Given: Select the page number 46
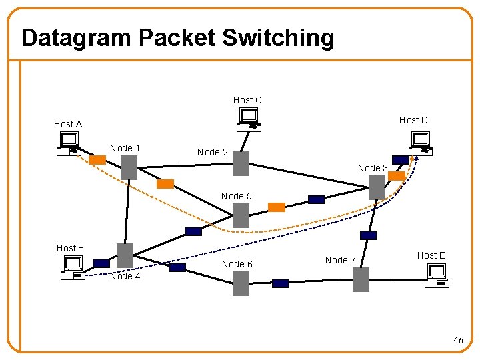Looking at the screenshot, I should tap(458, 341).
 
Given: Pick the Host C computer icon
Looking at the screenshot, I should tap(249, 119).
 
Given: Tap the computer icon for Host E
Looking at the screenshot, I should tap(437, 275).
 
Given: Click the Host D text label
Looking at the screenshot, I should tap(413, 120).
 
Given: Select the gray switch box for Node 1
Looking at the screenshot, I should tap(129, 168).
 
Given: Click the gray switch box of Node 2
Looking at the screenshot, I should tap(241, 163).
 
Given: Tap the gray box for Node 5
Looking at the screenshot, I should tap(241, 215).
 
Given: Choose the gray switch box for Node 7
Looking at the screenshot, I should tap(361, 279).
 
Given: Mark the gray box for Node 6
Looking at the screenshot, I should tap(241, 283).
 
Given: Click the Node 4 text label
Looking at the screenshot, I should tap(125, 276).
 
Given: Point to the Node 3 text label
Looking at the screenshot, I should tap(373, 168).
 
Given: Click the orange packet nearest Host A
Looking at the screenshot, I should tap(97, 160).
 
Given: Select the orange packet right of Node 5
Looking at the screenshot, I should tap(276, 207).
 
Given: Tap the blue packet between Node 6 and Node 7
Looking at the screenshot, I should tap(281, 283).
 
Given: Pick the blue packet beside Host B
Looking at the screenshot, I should tap(101, 263).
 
